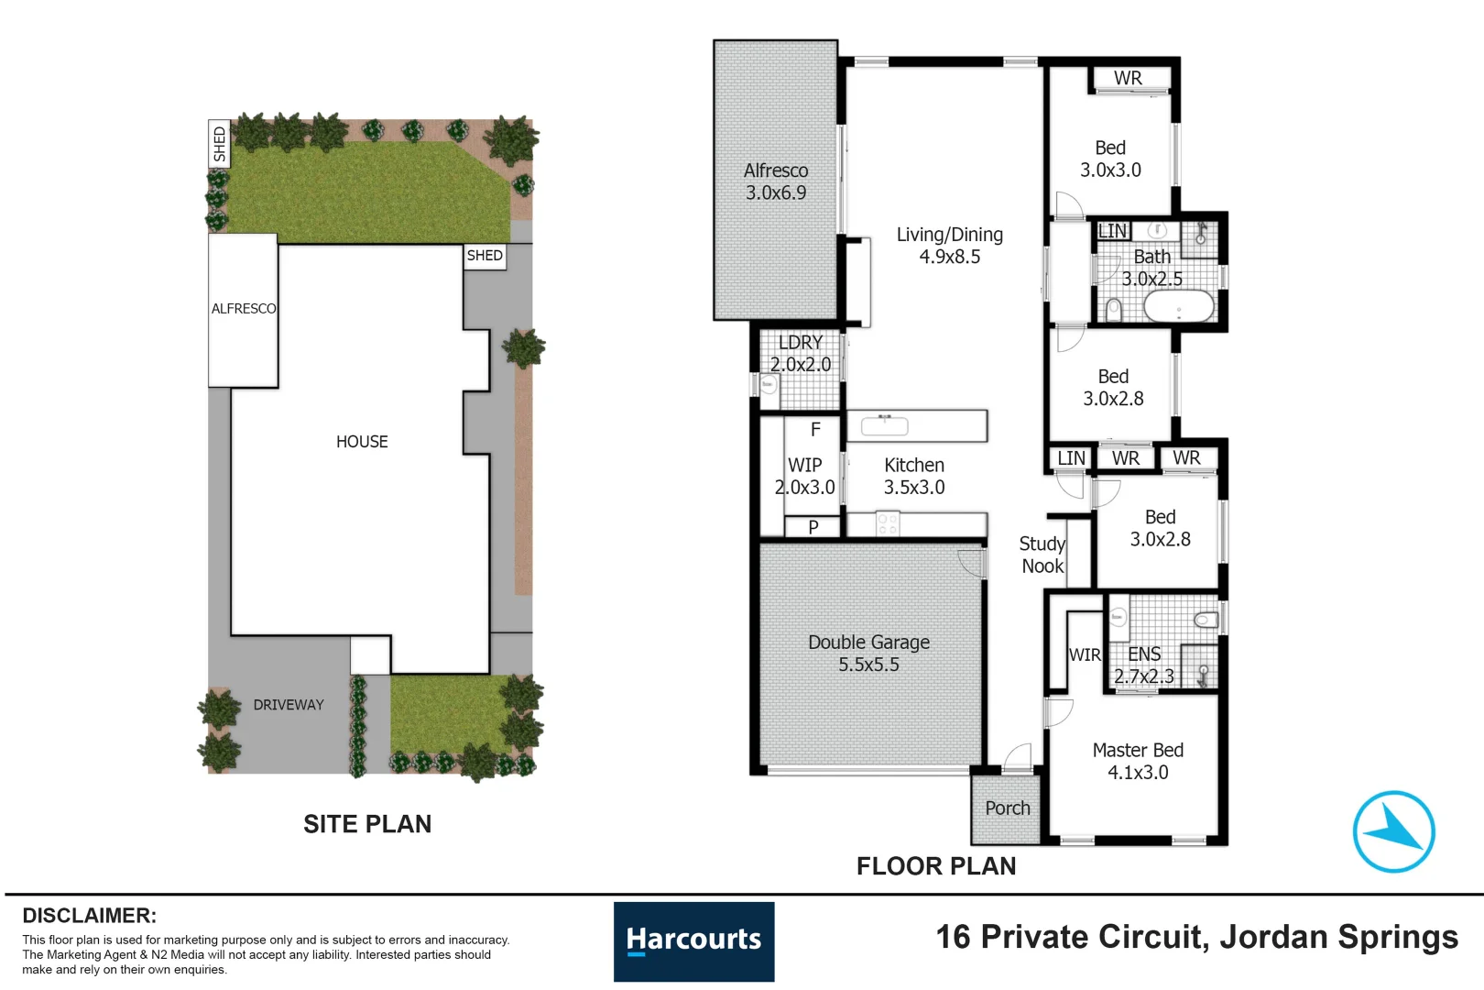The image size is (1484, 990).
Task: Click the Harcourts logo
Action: click(693, 940)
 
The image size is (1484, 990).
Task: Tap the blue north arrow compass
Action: click(1394, 831)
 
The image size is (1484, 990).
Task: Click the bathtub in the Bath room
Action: click(1179, 306)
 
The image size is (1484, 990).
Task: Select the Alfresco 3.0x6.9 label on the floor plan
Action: click(776, 181)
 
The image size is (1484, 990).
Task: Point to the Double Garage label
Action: click(868, 654)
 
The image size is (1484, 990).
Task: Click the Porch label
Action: click(1008, 808)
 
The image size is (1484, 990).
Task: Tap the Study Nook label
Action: click(1042, 555)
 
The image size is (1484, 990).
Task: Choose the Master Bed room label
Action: click(1138, 761)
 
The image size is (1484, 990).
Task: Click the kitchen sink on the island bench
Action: click(884, 425)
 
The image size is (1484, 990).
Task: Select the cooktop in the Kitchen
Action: click(888, 523)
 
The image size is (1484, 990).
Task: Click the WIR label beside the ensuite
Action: click(1085, 655)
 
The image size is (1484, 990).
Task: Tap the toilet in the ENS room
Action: click(1206, 620)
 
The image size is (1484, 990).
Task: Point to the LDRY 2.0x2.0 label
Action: click(801, 354)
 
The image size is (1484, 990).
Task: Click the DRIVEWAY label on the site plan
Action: click(289, 705)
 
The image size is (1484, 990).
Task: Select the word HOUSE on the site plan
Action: click(362, 442)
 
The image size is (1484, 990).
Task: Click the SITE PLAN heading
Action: click(367, 823)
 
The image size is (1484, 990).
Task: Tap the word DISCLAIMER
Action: click(90, 916)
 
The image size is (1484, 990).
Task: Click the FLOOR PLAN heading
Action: click(936, 866)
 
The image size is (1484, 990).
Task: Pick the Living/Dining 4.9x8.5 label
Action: click(949, 246)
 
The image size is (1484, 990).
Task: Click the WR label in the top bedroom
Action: click(1128, 78)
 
